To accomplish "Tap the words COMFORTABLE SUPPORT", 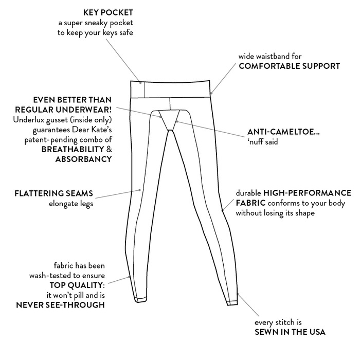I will coord(289,66).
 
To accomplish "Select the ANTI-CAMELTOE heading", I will coord(283,132).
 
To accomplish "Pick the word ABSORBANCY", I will coord(83,159).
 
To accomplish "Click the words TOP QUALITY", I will coord(77,285).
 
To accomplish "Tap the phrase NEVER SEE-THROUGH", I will coord(61,305).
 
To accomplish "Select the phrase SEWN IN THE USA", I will coord(290,332).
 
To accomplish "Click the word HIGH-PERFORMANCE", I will coord(307,193).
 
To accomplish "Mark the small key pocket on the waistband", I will coord(137,90).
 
